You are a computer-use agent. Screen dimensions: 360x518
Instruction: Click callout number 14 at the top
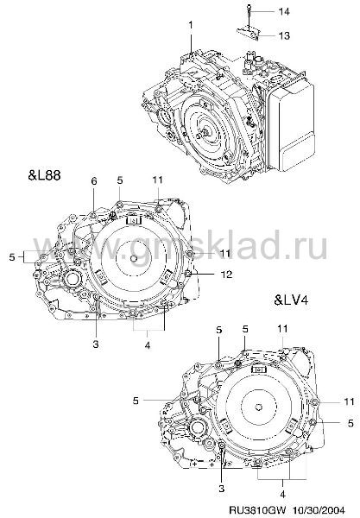[284, 11]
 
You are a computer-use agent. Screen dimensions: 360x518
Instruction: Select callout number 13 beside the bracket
[284, 35]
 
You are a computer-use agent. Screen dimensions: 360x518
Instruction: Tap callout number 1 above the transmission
[191, 25]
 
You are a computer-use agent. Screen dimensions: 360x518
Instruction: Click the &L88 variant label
[45, 174]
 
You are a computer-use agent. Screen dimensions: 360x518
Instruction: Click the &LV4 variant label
[291, 300]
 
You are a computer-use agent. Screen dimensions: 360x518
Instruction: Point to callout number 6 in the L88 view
[94, 181]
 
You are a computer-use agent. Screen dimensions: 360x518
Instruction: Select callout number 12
[226, 275]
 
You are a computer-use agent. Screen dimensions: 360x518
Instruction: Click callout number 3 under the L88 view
[96, 344]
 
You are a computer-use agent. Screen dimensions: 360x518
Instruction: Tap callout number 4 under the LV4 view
[282, 495]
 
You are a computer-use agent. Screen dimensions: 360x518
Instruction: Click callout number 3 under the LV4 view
[221, 489]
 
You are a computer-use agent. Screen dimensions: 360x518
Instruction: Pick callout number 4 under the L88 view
[148, 345]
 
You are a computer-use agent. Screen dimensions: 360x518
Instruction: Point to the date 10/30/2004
[317, 509]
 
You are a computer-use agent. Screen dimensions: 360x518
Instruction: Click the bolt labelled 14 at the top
[248, 13]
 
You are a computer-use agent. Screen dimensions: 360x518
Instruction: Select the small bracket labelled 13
[249, 34]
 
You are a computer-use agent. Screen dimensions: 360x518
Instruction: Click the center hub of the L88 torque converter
[134, 259]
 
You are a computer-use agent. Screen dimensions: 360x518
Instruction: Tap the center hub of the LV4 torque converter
[259, 407]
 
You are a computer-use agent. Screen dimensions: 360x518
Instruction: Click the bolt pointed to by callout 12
[187, 274]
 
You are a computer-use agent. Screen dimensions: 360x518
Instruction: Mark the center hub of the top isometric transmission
[205, 132]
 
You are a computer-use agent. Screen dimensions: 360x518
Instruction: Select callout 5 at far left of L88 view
[12, 256]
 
